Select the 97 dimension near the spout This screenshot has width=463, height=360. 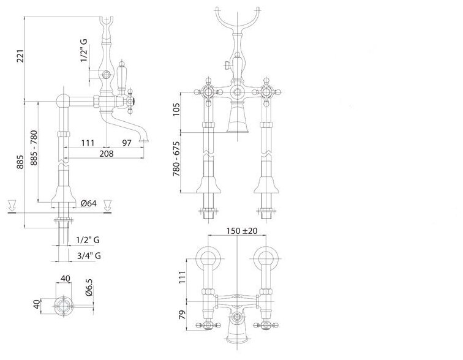(127, 143)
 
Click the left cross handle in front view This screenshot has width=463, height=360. (204, 94)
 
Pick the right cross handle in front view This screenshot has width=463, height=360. (266, 94)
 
